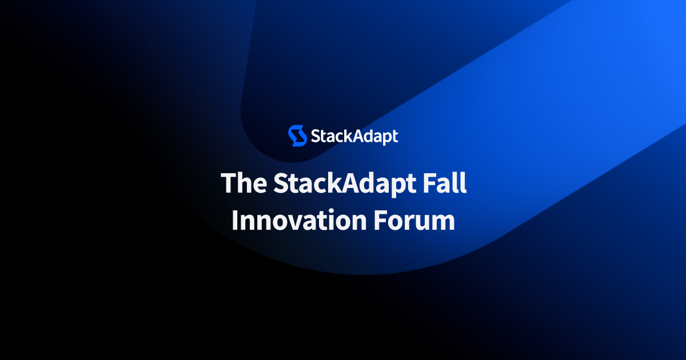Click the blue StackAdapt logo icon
point(297,136)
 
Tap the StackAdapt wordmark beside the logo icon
point(354,137)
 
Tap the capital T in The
point(229,182)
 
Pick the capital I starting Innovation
point(235,220)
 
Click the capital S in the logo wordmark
point(315,137)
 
